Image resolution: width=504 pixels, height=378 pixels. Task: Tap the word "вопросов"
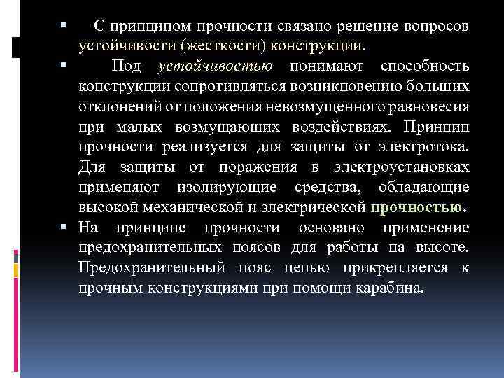(435, 26)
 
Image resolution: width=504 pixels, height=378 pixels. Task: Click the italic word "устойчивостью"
(218, 66)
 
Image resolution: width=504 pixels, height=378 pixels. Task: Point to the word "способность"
(425, 66)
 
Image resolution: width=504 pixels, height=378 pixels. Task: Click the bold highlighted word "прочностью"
(418, 208)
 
